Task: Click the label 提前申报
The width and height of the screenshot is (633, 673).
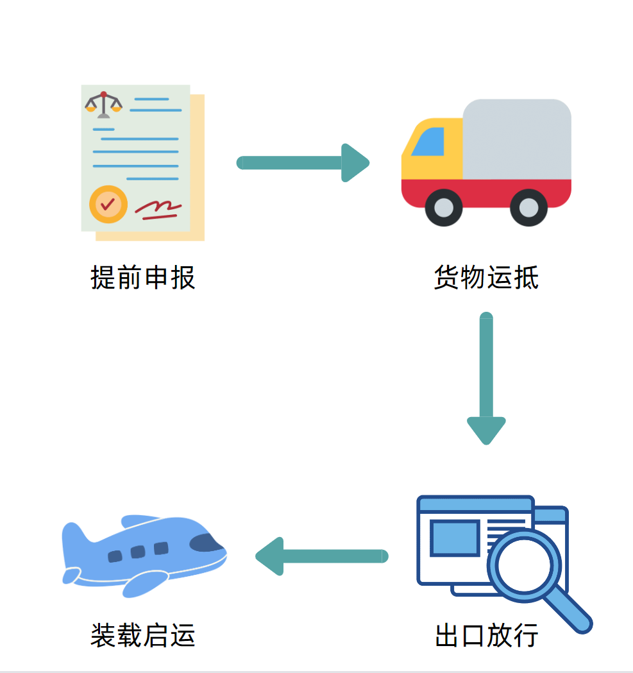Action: pos(142,278)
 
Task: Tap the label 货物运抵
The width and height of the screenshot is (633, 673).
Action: pos(486,278)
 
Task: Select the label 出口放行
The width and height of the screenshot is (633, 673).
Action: pos(486,635)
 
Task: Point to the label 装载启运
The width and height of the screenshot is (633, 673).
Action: pos(142,635)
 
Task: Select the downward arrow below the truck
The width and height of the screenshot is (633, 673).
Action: pos(486,379)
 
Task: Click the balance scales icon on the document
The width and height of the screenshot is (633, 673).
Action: pos(103,104)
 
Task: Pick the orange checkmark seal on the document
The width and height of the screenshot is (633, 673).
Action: pos(108,204)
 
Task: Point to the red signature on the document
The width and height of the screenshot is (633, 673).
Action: pos(158,209)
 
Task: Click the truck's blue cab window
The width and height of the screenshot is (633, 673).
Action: pos(429,142)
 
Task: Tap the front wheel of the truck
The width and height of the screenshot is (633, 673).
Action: pos(443,208)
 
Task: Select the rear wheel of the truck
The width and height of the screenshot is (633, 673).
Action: pos(528,208)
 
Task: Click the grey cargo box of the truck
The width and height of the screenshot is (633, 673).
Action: pos(517,139)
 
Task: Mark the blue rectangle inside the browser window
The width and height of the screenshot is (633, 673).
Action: pos(454,538)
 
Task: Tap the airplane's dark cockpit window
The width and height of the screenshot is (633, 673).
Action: pos(207,543)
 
